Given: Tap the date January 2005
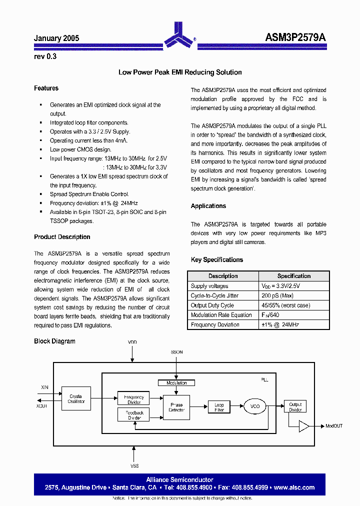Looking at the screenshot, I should coord(56,38).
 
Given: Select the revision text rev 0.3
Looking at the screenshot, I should coord(45,56).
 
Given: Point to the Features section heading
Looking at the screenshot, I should coord(46,88).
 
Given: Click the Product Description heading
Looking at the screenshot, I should coord(62,237).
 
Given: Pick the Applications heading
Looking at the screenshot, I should coord(208,206).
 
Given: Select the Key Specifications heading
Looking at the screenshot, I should coord(217,260).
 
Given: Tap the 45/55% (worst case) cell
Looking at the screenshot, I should coord(285,305).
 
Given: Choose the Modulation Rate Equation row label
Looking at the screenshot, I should coord(221,315).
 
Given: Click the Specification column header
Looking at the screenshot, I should coord(294,276).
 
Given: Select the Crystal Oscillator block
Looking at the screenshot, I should coord(76,398).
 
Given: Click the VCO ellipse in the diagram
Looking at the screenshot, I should coord(255,406).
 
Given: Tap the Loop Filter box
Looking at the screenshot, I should coord(219,407).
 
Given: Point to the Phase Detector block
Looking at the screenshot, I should coord(176,407).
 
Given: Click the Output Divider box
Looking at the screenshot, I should coord(295,407).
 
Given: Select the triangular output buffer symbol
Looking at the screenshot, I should coord(303,426).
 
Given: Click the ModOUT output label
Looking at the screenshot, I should coord(334,426).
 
